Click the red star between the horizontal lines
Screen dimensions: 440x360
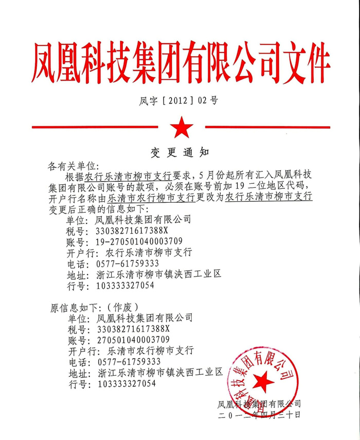point(180,127)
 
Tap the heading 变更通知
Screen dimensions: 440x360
point(179,152)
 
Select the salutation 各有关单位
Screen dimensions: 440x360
point(72,166)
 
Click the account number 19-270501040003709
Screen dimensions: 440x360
point(139,241)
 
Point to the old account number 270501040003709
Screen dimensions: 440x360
point(133,340)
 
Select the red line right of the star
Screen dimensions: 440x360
point(262,127)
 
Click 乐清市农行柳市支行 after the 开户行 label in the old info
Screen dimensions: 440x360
point(149,351)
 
